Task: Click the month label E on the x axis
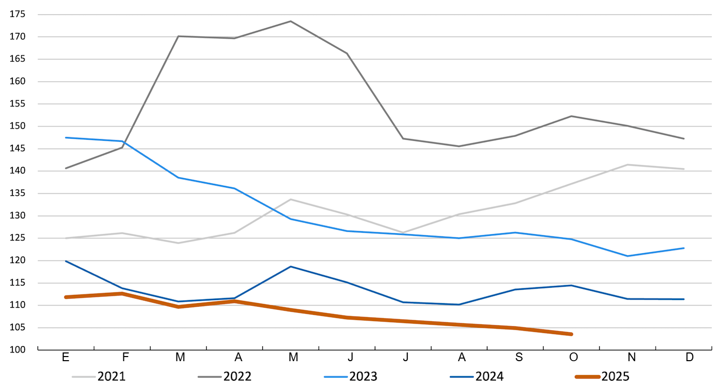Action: pos(66,358)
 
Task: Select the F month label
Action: pos(122,358)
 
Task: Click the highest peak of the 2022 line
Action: pos(291,21)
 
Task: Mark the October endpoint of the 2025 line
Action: pos(571,334)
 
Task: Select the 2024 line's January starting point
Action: pos(66,261)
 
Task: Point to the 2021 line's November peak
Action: pos(628,165)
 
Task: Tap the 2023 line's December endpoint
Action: pos(684,248)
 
